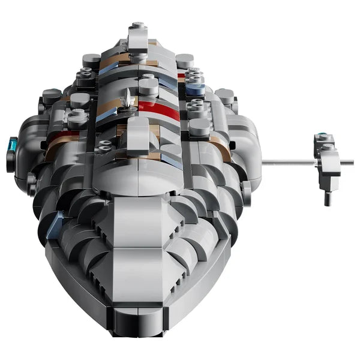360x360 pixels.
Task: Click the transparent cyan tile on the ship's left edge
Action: [x=13, y=145]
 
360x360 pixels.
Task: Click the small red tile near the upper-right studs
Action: [x=181, y=76]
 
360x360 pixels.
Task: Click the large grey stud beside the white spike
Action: [x=148, y=86]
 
